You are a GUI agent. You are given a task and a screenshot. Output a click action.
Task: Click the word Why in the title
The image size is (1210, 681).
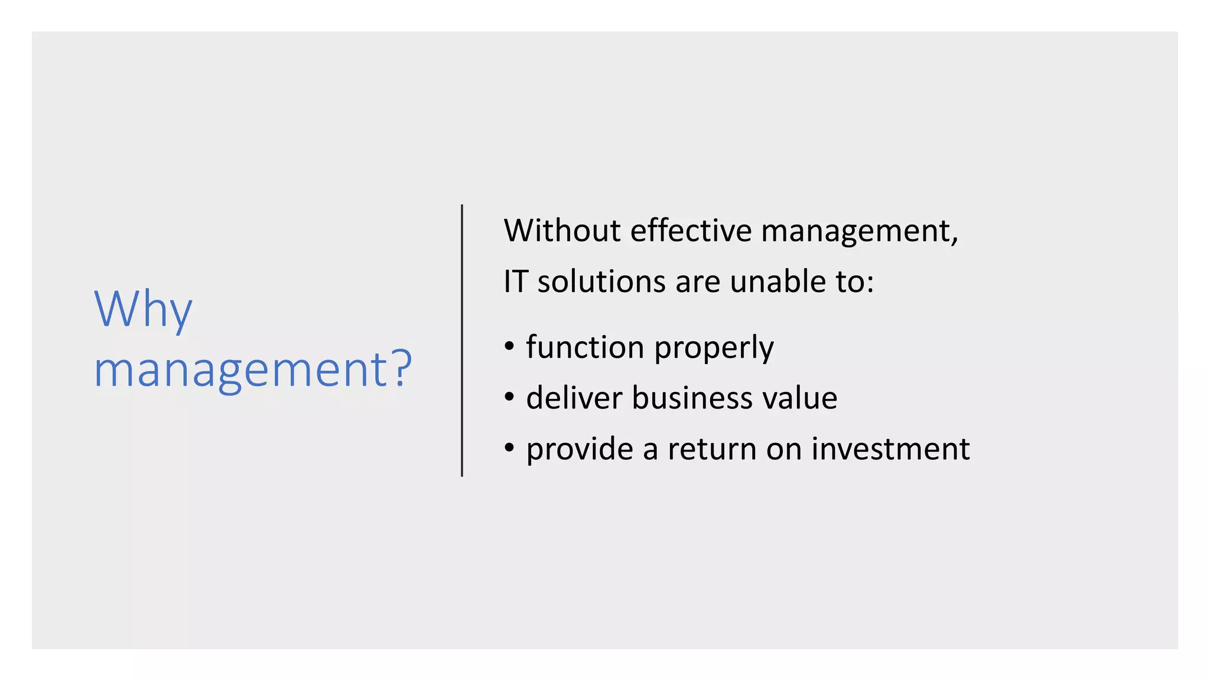143,310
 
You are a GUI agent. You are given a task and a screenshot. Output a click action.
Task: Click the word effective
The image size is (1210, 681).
690,231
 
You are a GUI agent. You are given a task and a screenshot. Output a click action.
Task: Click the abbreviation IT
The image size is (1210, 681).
515,281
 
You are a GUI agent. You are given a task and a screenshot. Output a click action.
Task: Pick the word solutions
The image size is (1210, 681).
601,281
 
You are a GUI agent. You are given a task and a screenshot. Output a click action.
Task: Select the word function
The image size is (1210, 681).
584,347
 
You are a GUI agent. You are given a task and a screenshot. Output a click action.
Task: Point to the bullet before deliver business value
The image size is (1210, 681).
509,397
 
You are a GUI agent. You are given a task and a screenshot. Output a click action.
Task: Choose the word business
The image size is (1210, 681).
692,398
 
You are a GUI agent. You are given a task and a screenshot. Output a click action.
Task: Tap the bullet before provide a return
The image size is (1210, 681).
509,449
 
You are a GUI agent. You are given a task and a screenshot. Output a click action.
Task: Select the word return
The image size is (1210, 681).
712,449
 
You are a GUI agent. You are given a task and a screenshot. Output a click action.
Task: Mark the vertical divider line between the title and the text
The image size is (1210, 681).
461,340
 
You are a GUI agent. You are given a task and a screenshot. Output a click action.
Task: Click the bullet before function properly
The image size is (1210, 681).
509,346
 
